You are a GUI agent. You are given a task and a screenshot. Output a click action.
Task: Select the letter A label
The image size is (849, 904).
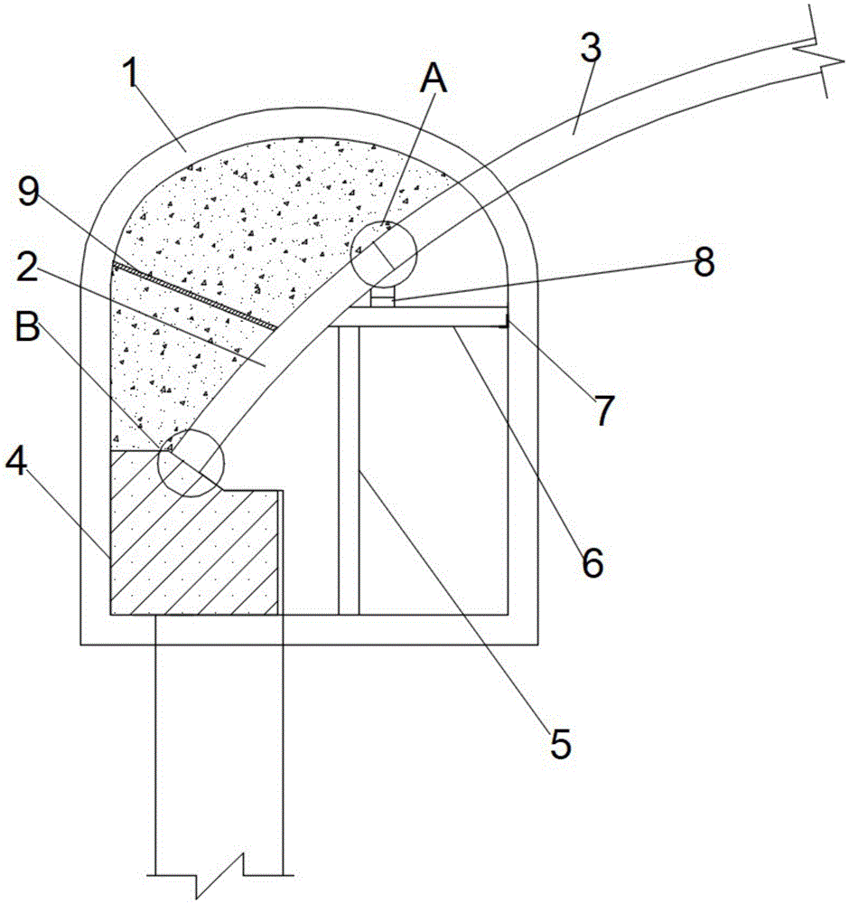click(434, 79)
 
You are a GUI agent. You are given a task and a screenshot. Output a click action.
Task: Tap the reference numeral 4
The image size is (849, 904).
click(16, 461)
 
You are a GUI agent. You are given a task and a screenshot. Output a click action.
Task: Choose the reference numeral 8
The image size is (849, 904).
click(704, 262)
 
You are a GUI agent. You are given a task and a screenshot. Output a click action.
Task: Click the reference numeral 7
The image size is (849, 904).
click(604, 410)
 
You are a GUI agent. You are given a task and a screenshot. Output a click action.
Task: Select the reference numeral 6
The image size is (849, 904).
click(592, 562)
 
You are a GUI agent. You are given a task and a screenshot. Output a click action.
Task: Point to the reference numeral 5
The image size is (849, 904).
click(561, 744)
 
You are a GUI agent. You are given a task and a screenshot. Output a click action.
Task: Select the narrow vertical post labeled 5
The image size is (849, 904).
click(349, 470)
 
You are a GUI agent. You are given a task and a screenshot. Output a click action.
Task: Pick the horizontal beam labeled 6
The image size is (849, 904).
click(420, 316)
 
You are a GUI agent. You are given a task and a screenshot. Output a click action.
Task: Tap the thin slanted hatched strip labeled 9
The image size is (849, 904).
click(194, 297)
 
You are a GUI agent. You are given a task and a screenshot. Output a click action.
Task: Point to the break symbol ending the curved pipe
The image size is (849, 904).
click(819, 52)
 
